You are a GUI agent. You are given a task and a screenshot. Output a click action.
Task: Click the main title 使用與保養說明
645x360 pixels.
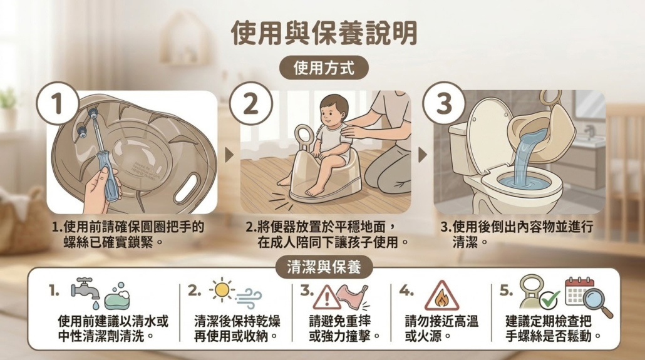[x=324, y=33]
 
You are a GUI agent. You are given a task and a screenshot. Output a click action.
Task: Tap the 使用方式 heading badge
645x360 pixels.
[x=324, y=68]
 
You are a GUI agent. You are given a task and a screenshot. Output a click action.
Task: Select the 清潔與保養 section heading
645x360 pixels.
[x=324, y=267]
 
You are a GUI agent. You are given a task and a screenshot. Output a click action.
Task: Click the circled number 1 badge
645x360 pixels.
[x=58, y=103]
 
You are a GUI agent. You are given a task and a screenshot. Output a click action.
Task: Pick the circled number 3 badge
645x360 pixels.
[x=444, y=103]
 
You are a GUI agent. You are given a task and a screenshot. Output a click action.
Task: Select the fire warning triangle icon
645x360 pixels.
[x=441, y=296]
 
